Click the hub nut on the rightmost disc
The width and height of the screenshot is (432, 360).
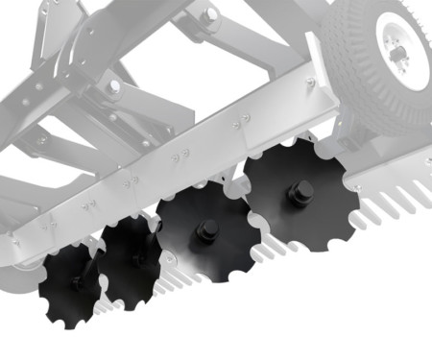300,192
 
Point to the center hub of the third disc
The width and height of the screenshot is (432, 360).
205,231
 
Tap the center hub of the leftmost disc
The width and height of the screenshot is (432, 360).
79,284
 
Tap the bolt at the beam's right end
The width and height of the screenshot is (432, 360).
310,84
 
